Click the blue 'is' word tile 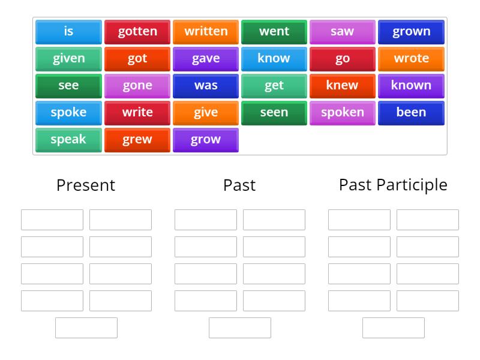(x=68, y=32)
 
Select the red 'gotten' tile (x=137, y=32)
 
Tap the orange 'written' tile (x=206, y=32)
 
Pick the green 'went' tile (x=274, y=32)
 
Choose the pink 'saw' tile (x=343, y=32)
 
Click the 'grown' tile (x=411, y=32)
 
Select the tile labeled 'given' (x=68, y=59)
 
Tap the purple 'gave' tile (x=206, y=59)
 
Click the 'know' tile (x=274, y=59)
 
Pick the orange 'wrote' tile (x=411, y=59)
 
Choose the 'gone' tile (x=137, y=86)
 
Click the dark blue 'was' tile (x=206, y=86)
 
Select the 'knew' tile (x=343, y=86)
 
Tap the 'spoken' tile (x=343, y=113)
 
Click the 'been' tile (x=411, y=113)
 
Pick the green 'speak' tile (x=68, y=140)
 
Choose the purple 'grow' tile (x=206, y=140)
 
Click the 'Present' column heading (x=86, y=185)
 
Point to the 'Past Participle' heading (x=393, y=185)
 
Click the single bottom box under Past (x=240, y=328)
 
